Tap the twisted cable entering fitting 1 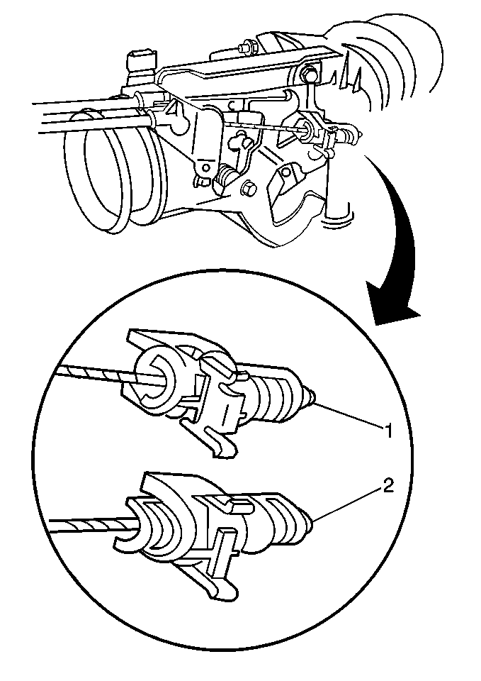(x=99, y=375)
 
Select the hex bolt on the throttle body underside (x=249, y=189)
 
